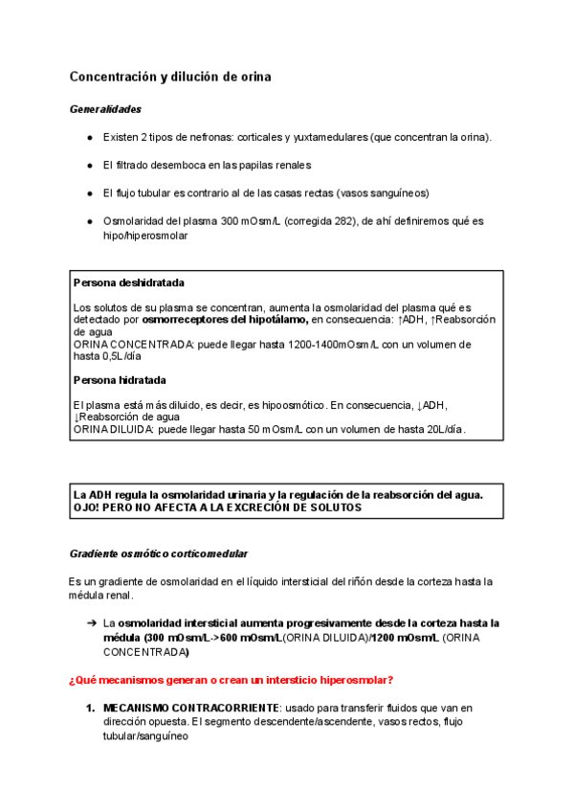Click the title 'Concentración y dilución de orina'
(169, 77)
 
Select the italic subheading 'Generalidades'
(105, 109)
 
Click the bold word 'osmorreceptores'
(183, 319)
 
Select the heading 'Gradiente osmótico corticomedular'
(159, 553)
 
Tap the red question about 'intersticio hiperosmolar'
(230, 680)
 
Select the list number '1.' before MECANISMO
(90, 709)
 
